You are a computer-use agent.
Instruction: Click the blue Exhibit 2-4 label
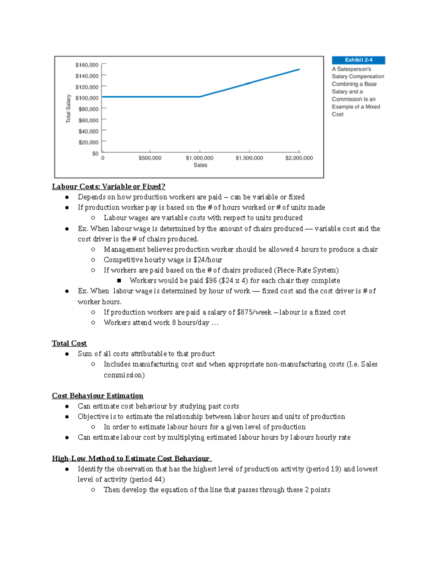(358, 60)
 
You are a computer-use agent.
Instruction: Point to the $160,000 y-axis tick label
(87, 65)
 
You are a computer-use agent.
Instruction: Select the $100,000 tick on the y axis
(87, 98)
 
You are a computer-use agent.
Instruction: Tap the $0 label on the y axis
(95, 153)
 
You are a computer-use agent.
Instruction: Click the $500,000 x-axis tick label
(150, 158)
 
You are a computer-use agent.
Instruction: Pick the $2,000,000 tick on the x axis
(299, 158)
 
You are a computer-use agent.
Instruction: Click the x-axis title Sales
(200, 165)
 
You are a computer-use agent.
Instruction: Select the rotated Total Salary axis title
(68, 108)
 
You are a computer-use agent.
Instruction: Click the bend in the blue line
(200, 97)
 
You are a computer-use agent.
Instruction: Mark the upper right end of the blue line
(299, 69)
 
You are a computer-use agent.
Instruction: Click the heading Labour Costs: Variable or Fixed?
(108, 186)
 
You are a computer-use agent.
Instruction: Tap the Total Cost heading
(69, 343)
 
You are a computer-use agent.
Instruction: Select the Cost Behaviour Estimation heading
(97, 396)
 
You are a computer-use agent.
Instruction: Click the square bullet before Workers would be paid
(119, 281)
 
